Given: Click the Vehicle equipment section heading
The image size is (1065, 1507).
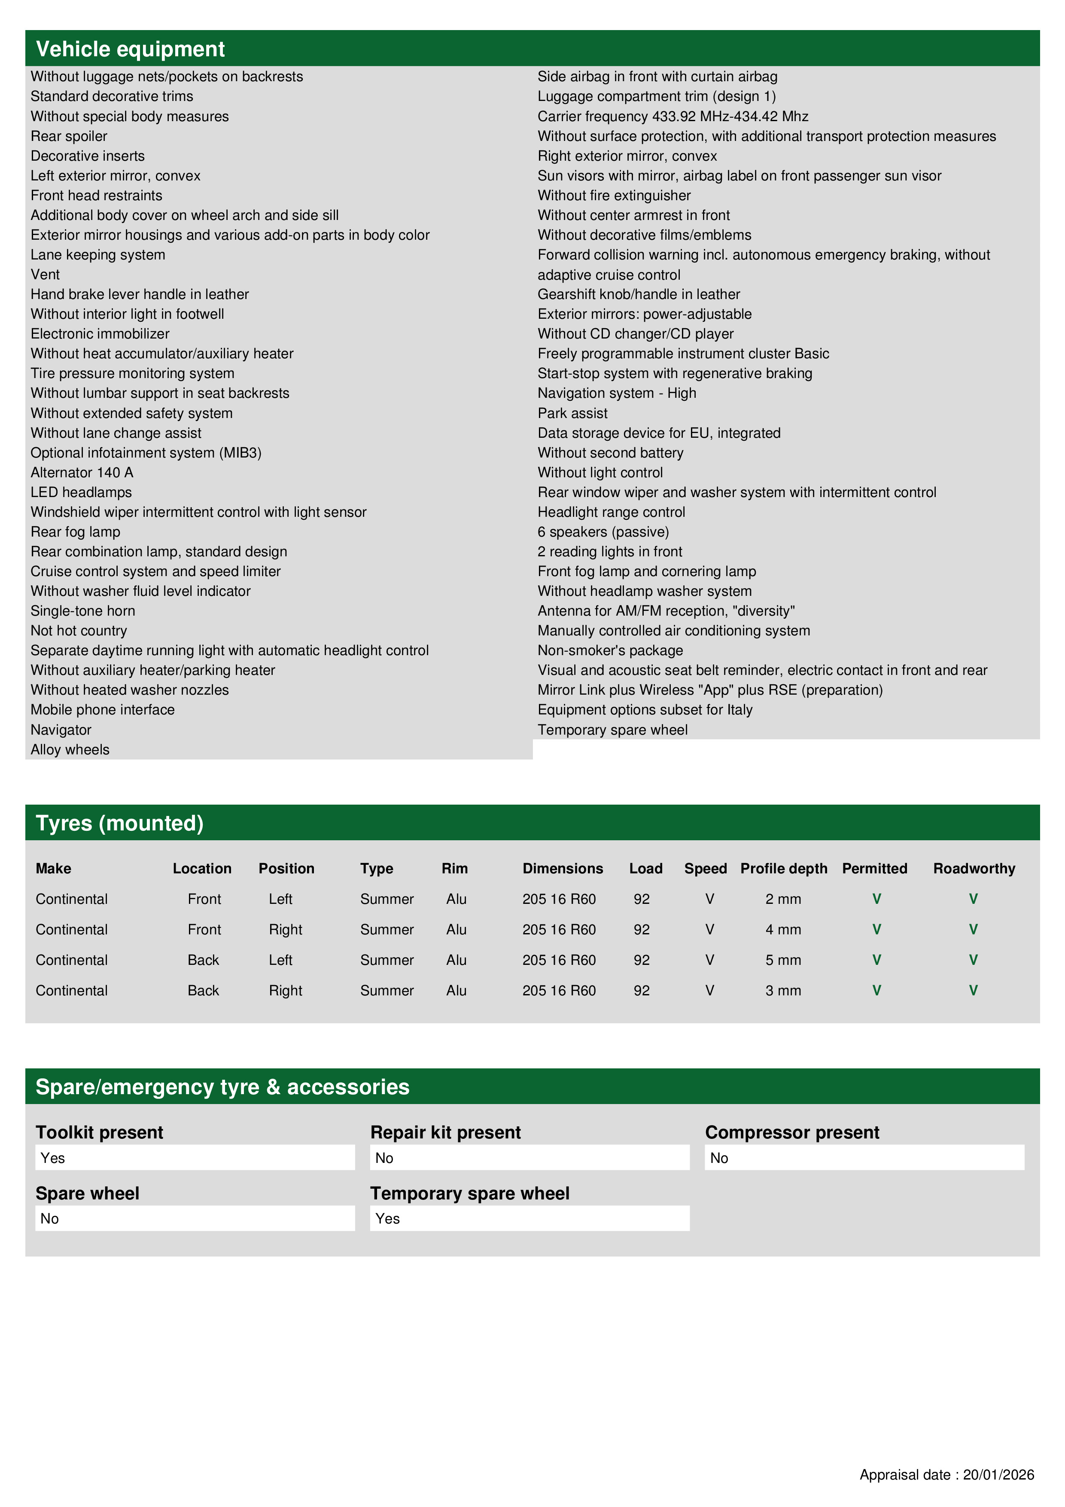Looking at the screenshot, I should pos(130,49).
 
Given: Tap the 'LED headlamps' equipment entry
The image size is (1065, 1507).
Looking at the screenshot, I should pos(81,492).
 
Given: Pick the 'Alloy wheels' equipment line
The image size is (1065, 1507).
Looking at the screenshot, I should pos(70,750).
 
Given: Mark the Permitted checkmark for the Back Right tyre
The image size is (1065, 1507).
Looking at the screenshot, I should pos(876,991).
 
